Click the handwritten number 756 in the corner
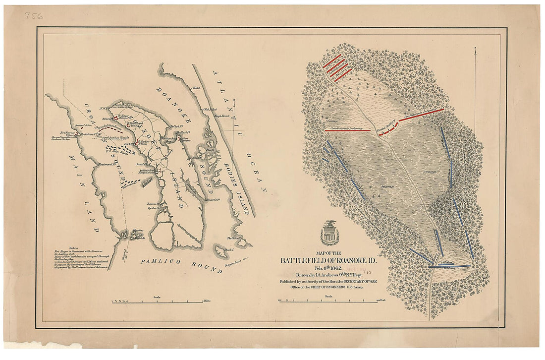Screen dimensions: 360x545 (34, 15)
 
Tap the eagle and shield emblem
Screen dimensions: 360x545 (328, 233)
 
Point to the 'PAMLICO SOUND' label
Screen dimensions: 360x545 (180, 265)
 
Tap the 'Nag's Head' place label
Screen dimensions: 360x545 (221, 116)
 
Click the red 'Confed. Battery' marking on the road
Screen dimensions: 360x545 (386, 130)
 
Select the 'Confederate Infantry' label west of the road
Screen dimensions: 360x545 (347, 128)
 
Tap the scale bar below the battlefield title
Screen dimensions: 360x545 (328, 301)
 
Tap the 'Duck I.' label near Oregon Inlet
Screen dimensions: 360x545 (229, 251)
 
